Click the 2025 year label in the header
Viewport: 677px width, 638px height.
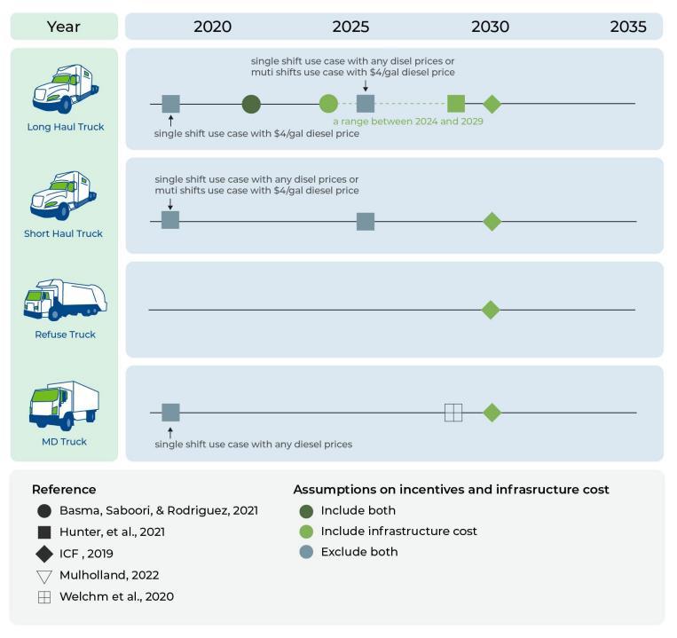point(350,27)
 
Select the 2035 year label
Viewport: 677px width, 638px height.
point(628,27)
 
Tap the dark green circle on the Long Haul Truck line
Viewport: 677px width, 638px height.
point(251,104)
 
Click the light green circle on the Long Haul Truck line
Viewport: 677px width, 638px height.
point(328,104)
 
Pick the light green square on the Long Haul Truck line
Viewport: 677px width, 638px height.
point(456,104)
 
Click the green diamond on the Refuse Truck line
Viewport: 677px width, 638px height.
point(490,310)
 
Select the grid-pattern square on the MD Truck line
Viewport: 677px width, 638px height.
point(453,412)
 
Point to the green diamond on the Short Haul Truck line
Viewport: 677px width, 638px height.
point(492,221)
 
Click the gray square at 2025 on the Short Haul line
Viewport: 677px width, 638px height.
point(366,221)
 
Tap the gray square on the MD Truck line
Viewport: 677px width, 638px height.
point(171,412)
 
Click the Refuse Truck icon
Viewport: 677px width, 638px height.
point(64,299)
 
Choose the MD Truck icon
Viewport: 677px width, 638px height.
point(64,405)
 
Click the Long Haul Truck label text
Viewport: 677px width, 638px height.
point(65,127)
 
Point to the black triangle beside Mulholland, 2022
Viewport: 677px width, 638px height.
point(44,576)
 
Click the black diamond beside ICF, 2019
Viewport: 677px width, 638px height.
point(44,554)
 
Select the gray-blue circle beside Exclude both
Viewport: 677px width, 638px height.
point(307,552)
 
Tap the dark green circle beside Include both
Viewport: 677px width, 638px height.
point(307,510)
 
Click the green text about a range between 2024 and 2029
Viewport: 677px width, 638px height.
point(408,121)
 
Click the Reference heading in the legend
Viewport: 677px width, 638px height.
point(64,489)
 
